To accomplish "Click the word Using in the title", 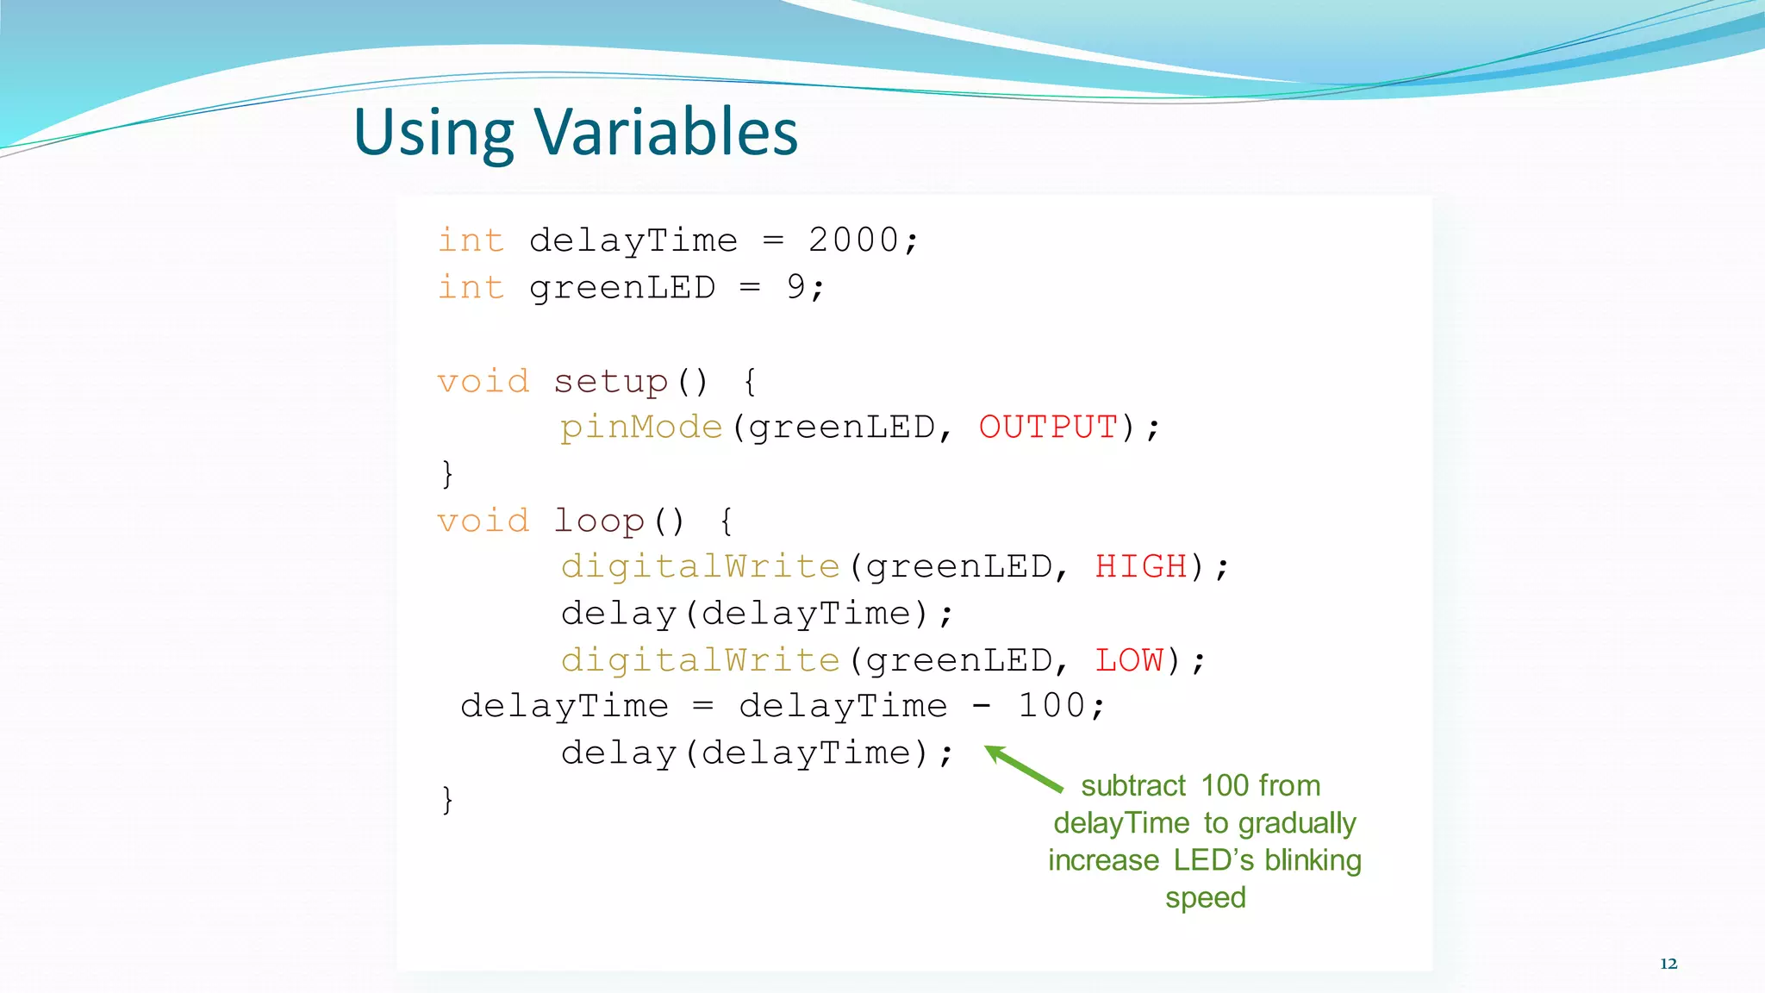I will click(x=433, y=134).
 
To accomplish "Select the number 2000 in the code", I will click(x=853, y=240).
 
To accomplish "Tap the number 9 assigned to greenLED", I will click(x=795, y=287).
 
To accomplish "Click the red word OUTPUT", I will click(x=1048, y=428).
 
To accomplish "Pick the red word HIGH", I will click(x=1141, y=567).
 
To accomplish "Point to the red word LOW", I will click(x=1129, y=660).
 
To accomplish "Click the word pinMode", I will click(x=641, y=428).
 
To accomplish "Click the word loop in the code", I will click(x=599, y=521).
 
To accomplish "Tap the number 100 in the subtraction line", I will click(x=1051, y=706).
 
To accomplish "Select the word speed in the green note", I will click(x=1205, y=898).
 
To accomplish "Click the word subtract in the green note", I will click(x=1133, y=786).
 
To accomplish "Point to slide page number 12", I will click(x=1668, y=964).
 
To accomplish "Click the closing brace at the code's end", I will click(x=446, y=800).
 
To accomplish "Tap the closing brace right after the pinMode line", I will click(x=446, y=474).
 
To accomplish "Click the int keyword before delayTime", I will click(x=471, y=240).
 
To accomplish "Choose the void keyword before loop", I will click(x=483, y=521).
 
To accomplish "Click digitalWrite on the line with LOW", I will click(x=700, y=660).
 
